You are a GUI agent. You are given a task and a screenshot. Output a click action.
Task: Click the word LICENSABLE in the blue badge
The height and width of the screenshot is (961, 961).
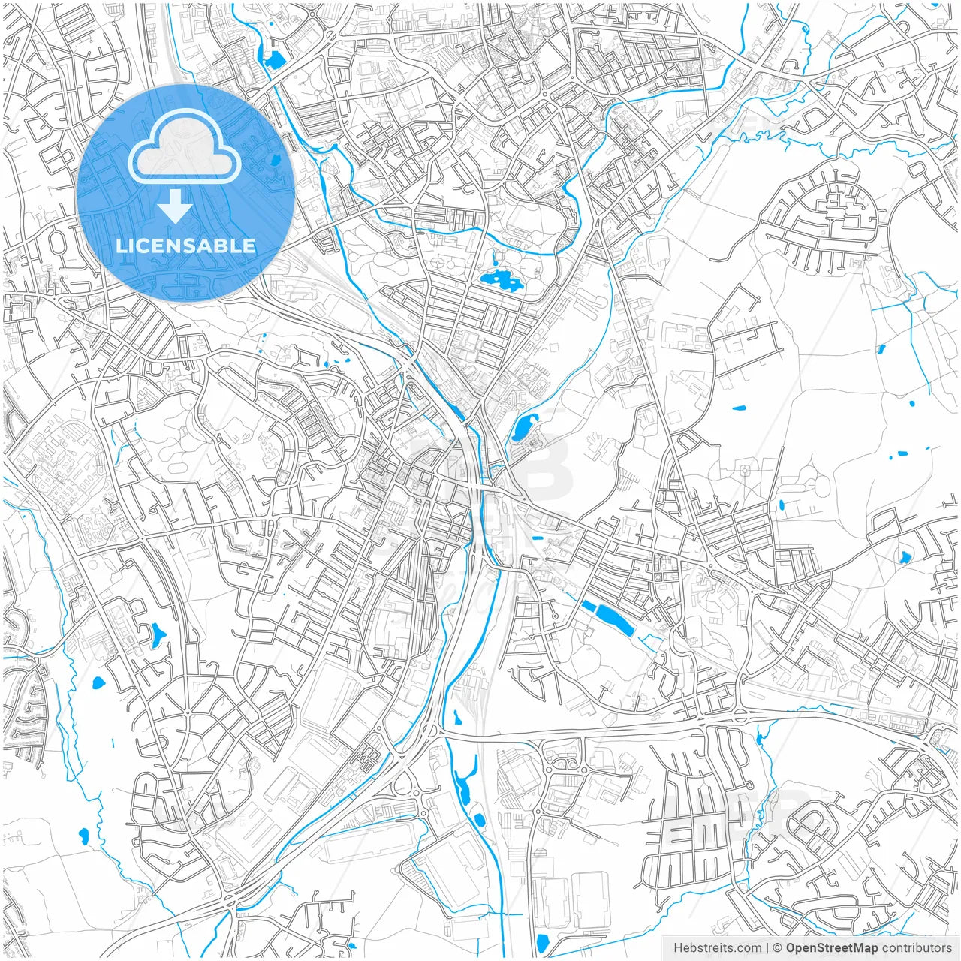[x=185, y=246]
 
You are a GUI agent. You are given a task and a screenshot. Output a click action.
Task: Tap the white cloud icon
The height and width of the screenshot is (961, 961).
[x=184, y=149]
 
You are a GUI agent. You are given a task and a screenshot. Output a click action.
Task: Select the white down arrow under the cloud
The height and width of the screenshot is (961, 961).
[x=176, y=206]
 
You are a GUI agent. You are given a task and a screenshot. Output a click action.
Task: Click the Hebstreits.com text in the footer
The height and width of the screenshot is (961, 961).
[x=717, y=948]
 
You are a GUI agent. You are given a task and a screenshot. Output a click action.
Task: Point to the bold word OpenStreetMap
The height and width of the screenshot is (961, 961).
[x=832, y=948]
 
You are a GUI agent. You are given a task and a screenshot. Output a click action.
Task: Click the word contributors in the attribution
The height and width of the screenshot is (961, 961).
[x=917, y=948]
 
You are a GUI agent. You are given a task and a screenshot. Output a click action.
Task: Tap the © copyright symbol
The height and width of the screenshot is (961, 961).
[x=778, y=948]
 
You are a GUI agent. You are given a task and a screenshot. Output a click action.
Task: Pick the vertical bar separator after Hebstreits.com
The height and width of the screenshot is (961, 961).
[x=767, y=948]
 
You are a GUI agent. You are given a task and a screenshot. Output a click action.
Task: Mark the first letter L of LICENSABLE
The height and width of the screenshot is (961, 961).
[x=120, y=246]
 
